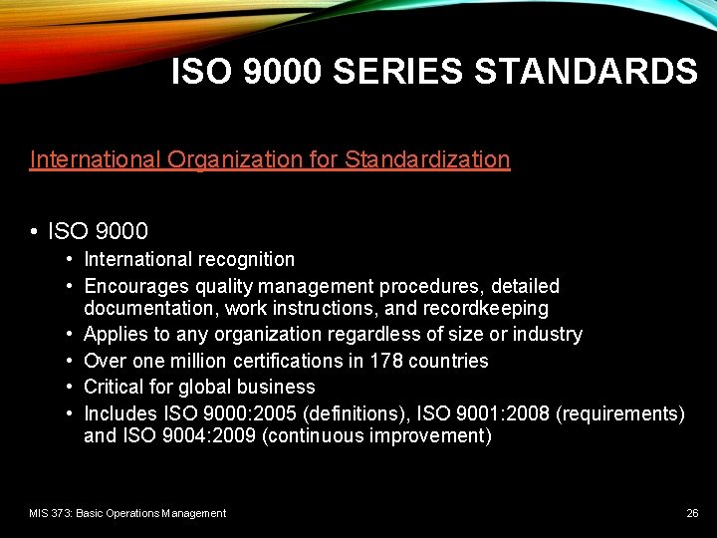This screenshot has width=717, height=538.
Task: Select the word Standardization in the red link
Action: [427, 159]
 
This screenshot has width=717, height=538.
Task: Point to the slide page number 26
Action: [692, 513]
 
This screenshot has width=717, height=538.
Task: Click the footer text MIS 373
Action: [49, 513]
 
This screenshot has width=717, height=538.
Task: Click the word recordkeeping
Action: [488, 309]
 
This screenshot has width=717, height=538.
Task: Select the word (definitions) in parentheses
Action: [369, 412]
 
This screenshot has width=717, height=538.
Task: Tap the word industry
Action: [546, 334]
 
